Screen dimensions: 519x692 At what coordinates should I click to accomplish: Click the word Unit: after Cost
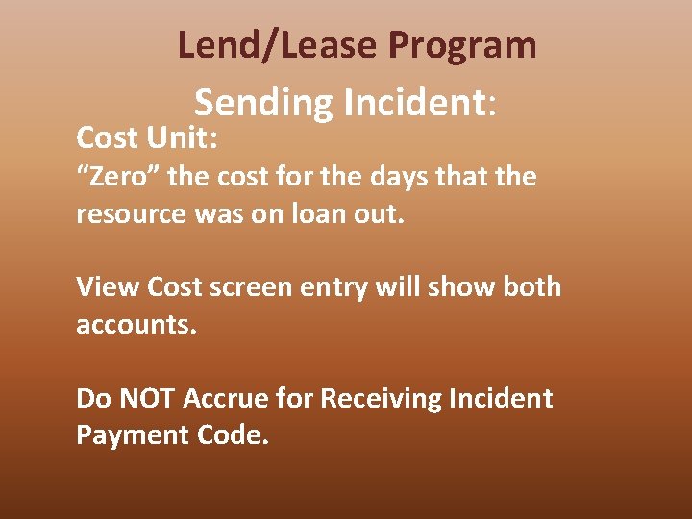(x=185, y=138)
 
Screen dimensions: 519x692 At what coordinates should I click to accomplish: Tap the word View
(x=108, y=287)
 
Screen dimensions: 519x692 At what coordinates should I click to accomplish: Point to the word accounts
(x=136, y=325)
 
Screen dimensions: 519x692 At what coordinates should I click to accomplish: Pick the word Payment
(x=132, y=435)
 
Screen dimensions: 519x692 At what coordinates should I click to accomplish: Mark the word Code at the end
(x=234, y=435)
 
